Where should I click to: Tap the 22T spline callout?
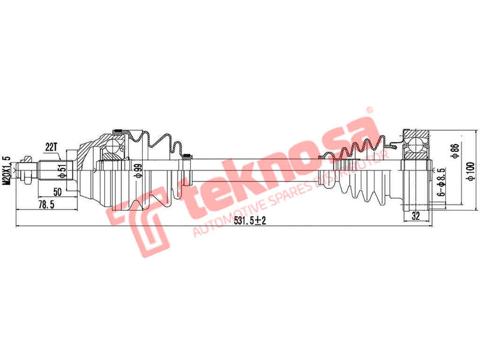(50, 146)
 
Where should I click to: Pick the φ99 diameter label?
(137, 171)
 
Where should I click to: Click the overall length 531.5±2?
(250, 221)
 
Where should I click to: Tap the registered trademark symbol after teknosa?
(370, 110)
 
